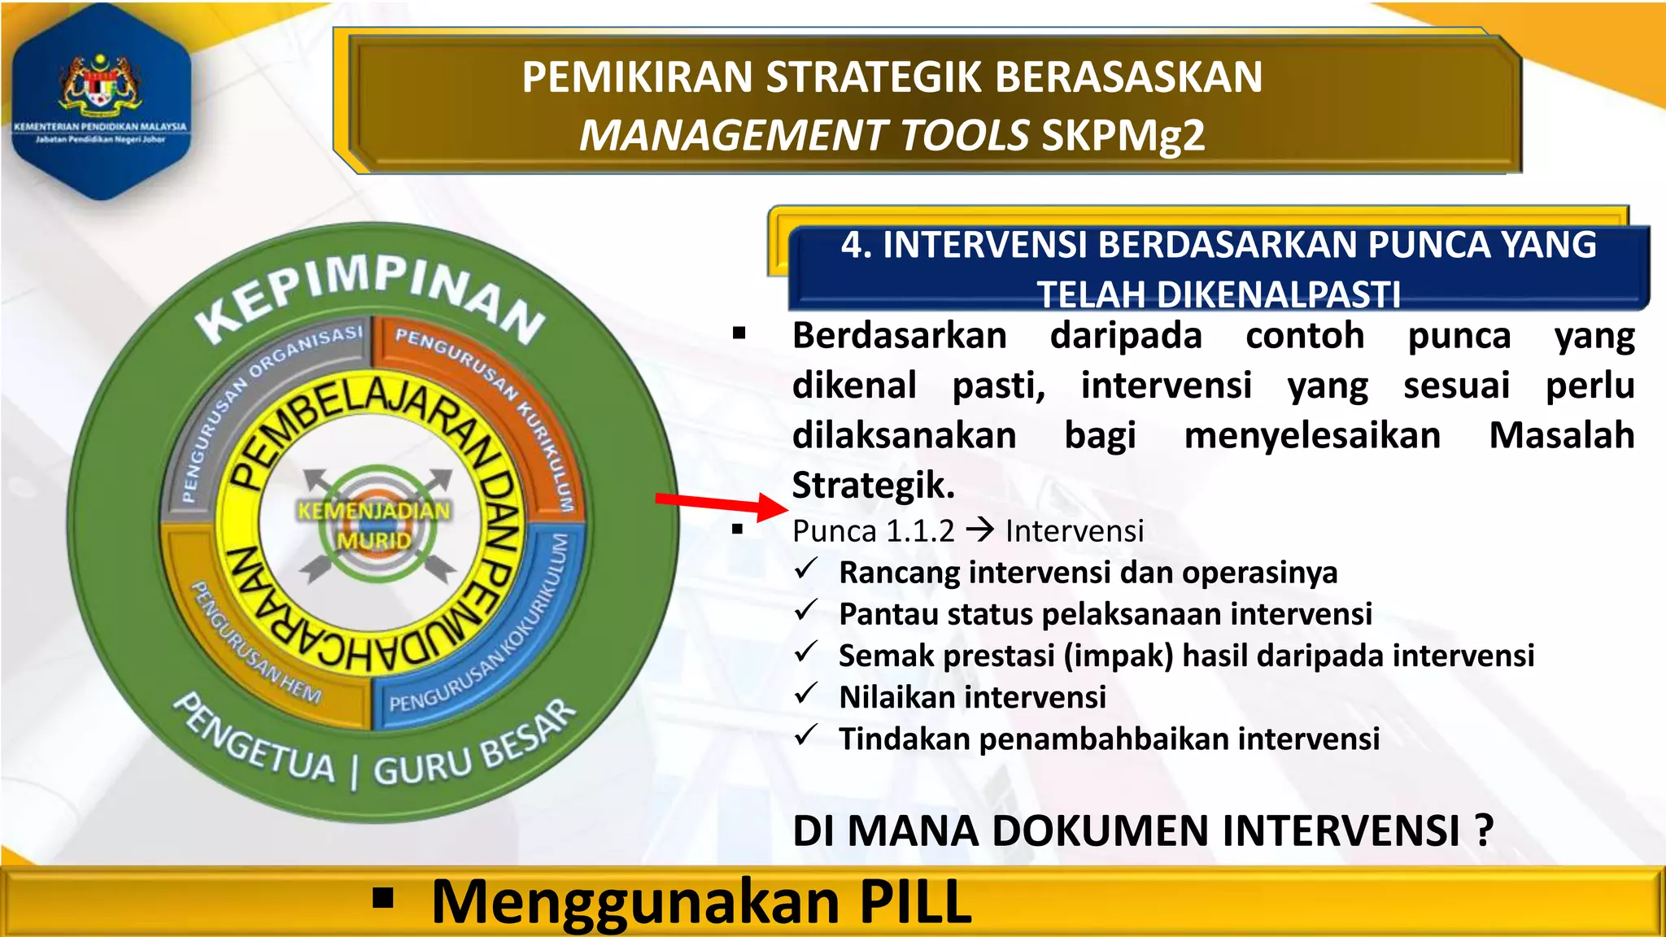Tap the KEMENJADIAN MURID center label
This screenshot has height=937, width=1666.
click(x=373, y=525)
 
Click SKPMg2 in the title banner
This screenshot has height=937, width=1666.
click(x=1123, y=136)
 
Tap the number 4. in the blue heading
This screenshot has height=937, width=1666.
click(x=857, y=245)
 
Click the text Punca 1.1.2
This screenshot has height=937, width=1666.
click(x=873, y=531)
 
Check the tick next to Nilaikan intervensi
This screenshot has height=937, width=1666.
click(x=806, y=694)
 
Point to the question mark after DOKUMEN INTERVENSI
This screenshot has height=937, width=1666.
click(x=1484, y=830)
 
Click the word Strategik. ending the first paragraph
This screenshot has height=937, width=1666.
click(x=873, y=485)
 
